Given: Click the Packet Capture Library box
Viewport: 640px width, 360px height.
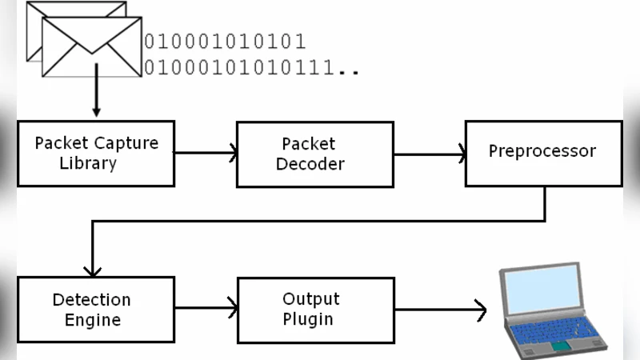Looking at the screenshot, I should click(x=96, y=153).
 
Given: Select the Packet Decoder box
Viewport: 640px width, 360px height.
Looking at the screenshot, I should click(x=314, y=153).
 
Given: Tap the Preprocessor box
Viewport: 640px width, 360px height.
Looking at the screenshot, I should click(x=542, y=153).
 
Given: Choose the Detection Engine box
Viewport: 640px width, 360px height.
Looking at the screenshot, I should click(x=96, y=310).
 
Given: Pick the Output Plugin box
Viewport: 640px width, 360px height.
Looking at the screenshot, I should click(x=314, y=310).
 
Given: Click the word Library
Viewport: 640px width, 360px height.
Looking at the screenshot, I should click(x=88, y=164).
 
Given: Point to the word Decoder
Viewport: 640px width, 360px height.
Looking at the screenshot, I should click(x=311, y=164).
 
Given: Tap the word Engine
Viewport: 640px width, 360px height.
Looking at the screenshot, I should click(x=93, y=321).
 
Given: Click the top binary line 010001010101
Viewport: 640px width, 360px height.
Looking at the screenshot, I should click(x=225, y=42).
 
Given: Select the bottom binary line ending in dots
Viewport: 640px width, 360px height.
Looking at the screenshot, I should click(x=250, y=69).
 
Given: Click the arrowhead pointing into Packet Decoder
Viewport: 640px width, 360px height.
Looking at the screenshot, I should click(x=233, y=152).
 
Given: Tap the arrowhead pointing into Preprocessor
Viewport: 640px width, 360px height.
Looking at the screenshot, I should click(x=462, y=152).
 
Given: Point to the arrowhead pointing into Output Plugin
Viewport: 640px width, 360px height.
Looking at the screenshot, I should click(x=233, y=308).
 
